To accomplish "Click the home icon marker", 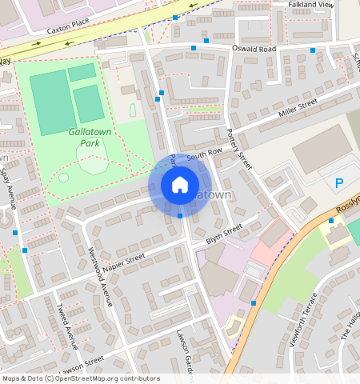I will pos(180,186).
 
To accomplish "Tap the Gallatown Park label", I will pos(89,137).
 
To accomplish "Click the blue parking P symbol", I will pos(338,184).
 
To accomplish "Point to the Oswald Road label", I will pos(254,48).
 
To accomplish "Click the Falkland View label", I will pos(310,5).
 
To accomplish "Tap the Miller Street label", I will pos(298,108).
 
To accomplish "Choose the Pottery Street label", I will pos(239,149).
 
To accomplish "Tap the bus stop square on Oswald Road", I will pos(193,48).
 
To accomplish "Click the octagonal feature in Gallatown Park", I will pos(92,164).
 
